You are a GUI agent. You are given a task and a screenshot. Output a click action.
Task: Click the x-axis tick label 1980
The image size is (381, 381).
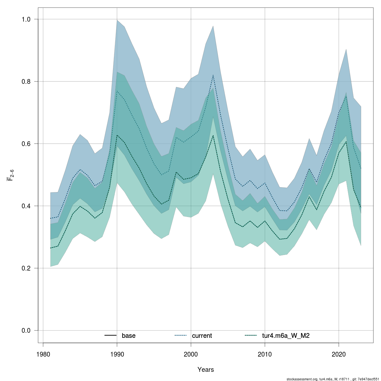[43, 354]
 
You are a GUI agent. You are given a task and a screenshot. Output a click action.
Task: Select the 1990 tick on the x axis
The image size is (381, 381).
[117, 354]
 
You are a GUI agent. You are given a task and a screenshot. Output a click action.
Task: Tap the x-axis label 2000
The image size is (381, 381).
[191, 354]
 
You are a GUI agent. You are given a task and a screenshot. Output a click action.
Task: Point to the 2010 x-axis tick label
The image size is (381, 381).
[265, 354]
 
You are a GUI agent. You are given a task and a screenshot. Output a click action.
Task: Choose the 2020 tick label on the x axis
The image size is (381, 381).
[339, 354]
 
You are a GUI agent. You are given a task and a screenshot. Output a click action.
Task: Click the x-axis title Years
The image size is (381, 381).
[205, 370]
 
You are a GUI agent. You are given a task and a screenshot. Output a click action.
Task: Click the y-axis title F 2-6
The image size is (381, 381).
[10, 175]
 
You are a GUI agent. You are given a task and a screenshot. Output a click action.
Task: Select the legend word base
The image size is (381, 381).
[129, 336]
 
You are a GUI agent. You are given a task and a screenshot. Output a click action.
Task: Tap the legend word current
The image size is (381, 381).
[202, 336]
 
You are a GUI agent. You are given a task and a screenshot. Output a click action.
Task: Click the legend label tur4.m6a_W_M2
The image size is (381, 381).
[286, 336]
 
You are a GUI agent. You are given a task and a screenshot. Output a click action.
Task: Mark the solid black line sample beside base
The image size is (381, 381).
[110, 336]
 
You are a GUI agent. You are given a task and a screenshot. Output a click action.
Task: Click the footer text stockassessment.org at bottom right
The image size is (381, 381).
[302, 379]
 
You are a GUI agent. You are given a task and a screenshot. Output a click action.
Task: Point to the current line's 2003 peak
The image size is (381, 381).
[213, 75]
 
